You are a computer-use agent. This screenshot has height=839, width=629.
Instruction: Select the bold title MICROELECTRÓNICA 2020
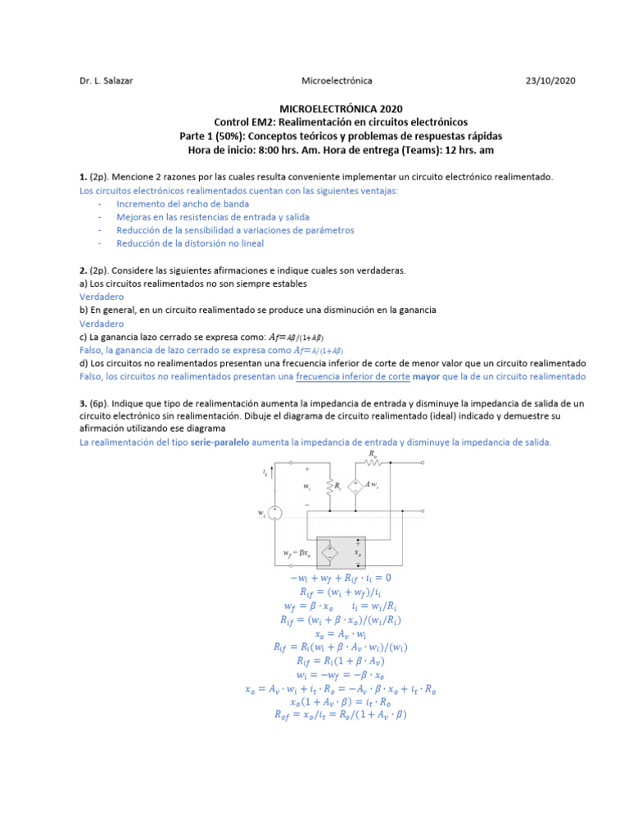[x=341, y=108]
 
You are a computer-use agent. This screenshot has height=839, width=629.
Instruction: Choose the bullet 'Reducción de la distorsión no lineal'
[x=190, y=243]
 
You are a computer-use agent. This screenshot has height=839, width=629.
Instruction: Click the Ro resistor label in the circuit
[x=373, y=453]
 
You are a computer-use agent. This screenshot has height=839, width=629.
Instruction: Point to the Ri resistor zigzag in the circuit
[x=328, y=486]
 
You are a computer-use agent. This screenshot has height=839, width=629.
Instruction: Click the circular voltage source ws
[x=276, y=513]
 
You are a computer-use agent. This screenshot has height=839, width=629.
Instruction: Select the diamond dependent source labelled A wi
[x=355, y=486]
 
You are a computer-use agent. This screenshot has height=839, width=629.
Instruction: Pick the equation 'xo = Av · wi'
[x=339, y=634]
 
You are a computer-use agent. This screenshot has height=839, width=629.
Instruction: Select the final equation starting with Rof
[x=339, y=714]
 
